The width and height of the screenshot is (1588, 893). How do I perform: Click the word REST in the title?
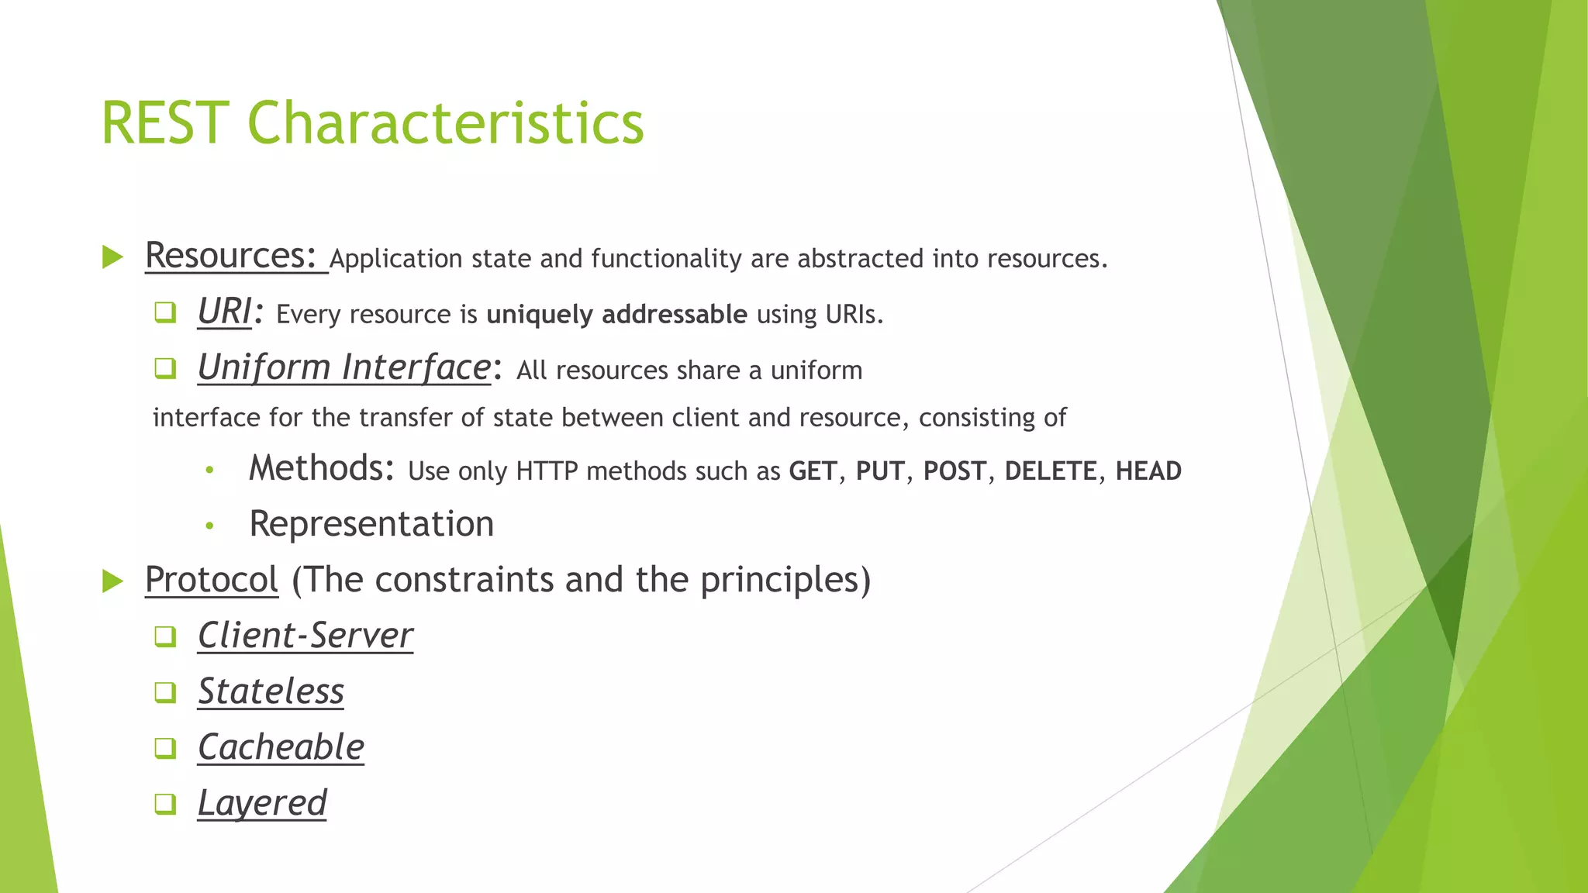coord(164,123)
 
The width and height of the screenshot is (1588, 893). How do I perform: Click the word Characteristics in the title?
coord(445,123)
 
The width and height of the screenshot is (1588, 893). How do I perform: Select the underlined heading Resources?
coord(231,256)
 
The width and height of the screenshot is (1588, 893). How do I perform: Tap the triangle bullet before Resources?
coord(113,257)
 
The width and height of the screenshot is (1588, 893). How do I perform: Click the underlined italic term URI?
coord(224,312)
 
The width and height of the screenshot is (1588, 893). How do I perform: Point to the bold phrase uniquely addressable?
coord(616,315)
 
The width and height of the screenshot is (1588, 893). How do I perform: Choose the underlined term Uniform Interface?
coord(343,367)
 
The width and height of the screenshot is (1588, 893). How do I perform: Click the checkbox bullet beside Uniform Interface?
coord(165,368)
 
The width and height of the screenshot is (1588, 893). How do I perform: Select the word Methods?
coord(322,468)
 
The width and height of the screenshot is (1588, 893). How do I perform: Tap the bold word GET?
coord(813,471)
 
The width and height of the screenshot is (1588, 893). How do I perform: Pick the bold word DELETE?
coord(1051,471)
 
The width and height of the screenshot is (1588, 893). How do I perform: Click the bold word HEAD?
coord(1148,471)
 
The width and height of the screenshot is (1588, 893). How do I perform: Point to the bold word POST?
coord(955,471)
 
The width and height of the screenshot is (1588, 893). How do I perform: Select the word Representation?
coord(371,524)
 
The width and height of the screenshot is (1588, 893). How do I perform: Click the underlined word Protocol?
coord(211,580)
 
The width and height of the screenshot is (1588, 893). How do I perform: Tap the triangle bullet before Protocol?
coord(113,581)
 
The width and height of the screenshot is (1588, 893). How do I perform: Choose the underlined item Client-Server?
coord(305,636)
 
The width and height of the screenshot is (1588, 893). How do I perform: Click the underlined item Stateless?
coord(271,691)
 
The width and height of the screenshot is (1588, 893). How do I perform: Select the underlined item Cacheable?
coord(281,747)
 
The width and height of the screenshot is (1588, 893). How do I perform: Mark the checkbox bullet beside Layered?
coord(165,804)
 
